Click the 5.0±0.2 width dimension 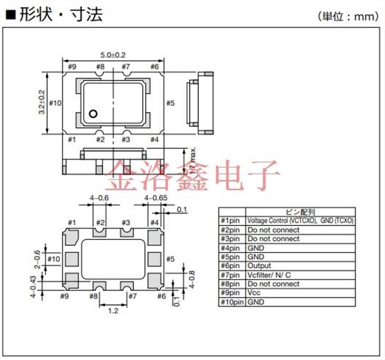point(113,54)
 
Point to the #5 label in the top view point(171,102)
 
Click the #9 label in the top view point(72,67)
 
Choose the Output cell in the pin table point(260,266)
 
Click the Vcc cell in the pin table point(254,293)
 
